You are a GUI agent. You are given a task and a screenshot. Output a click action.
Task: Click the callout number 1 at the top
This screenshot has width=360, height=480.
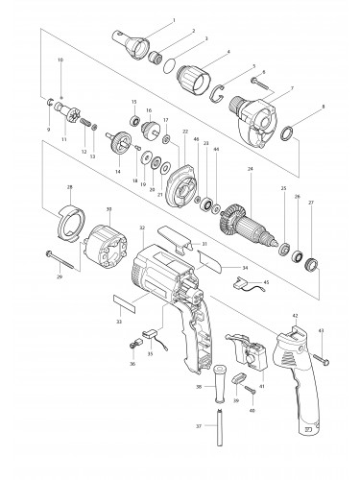coord(173,18)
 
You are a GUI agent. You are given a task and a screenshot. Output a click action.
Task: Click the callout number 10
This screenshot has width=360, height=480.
coord(60,60)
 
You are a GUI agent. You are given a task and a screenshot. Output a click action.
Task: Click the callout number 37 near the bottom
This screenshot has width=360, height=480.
coord(199,426)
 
